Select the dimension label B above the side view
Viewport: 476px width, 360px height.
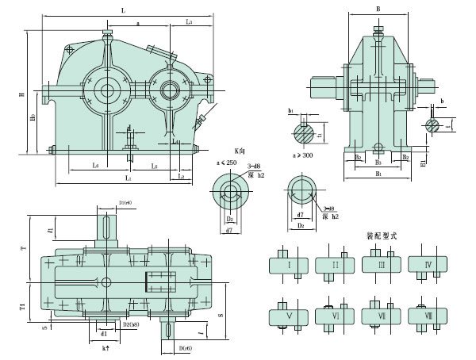point(378,10)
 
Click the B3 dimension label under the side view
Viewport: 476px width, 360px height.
point(378,163)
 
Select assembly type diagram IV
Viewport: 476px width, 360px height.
point(428,265)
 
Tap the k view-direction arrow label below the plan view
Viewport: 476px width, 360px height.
point(105,348)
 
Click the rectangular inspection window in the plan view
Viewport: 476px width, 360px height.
point(161,281)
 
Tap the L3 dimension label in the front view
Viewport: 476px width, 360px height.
point(189,22)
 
